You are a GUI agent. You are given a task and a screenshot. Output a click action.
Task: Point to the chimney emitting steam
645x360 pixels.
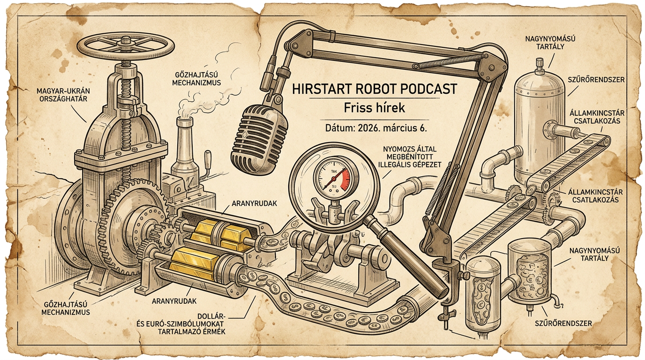tap(184, 141)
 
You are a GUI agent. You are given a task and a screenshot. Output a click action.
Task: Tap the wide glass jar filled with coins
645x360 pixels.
tap(530, 272)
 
